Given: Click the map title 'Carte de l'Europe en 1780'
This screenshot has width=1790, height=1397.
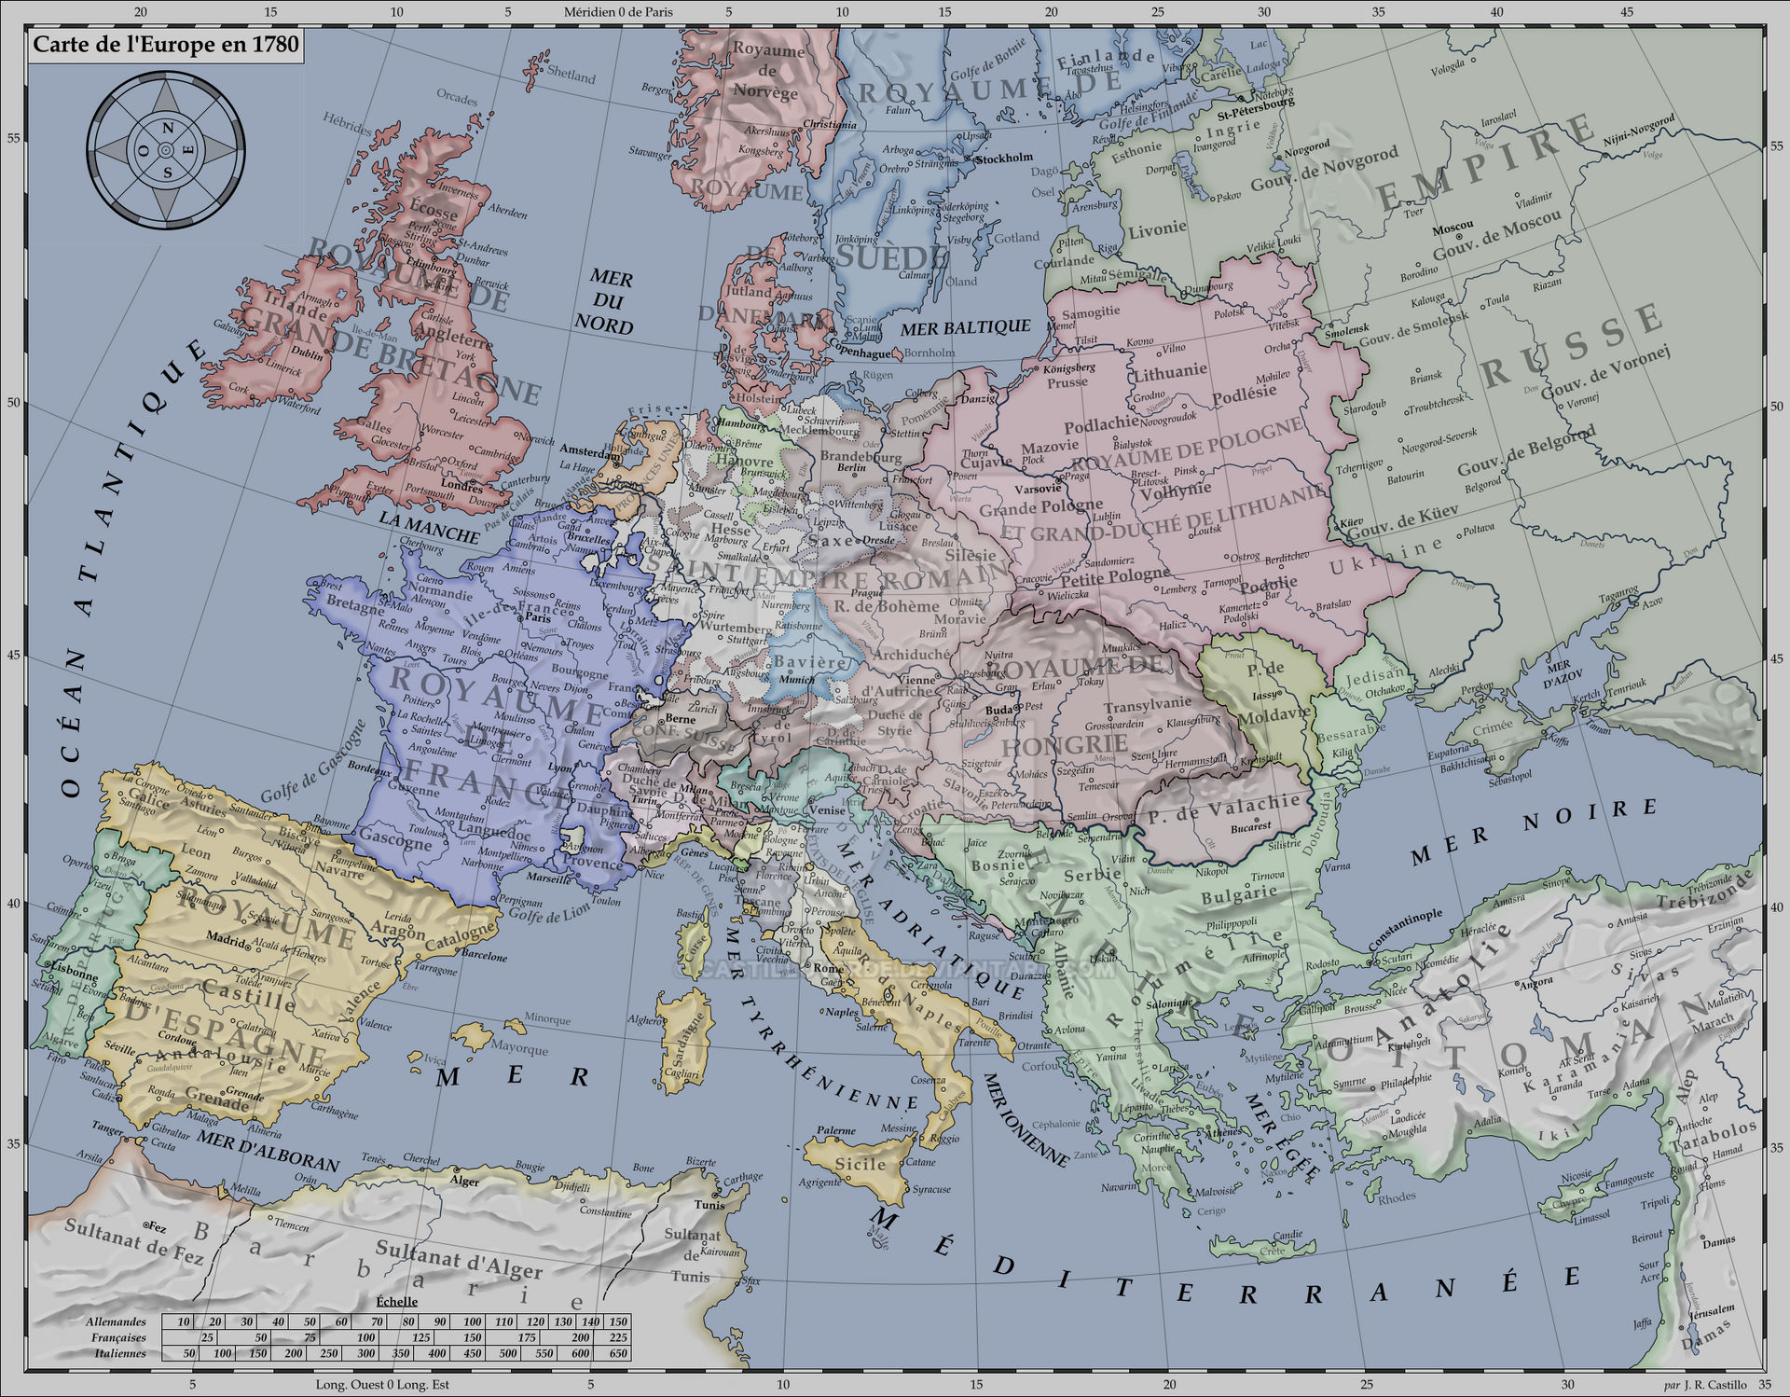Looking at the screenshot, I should (166, 45).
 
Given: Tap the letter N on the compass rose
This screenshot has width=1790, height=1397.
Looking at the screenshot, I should (168, 128).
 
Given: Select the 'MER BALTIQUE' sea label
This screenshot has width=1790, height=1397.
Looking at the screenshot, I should (965, 327).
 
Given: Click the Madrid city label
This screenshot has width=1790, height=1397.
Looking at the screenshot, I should (227, 937).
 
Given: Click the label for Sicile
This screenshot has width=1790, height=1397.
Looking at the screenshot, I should (860, 1164).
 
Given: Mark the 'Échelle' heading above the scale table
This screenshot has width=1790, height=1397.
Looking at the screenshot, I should (397, 1301).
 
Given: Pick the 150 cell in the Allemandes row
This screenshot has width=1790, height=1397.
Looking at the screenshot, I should (617, 1321).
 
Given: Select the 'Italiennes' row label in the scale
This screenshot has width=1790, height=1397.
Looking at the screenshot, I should (120, 1353).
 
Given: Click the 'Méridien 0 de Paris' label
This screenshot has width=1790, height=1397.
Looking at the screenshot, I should (618, 12).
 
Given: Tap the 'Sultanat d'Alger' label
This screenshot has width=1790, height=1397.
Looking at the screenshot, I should (458, 1260).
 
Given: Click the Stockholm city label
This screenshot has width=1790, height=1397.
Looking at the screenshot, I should (1004, 159).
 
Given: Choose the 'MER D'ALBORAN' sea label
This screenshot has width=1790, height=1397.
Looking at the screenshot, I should (268, 1151).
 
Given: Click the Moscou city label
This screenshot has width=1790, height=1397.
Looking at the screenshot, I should (1453, 227).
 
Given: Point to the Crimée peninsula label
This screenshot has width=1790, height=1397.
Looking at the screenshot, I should (1493, 727).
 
